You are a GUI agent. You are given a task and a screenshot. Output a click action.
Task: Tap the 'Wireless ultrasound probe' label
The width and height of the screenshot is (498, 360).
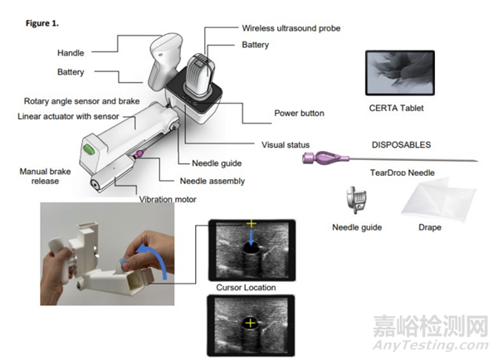coord(290,28)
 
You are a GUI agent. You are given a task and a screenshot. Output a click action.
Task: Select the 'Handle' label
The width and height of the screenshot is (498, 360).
coord(72,52)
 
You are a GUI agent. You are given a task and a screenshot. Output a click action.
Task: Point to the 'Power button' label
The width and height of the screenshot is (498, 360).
coord(299,114)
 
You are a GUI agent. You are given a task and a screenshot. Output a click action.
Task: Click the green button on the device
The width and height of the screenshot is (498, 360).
coord(86,150)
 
